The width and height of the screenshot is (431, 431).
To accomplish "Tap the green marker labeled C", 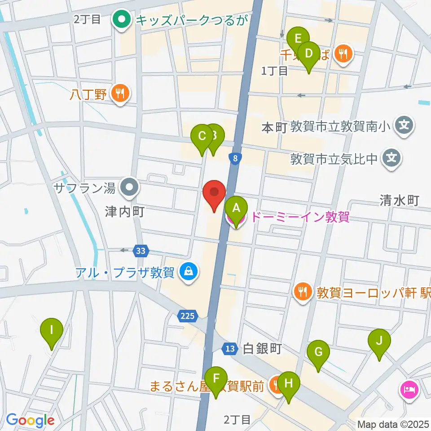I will (202, 136).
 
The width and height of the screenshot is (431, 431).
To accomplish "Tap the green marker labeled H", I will (288, 384).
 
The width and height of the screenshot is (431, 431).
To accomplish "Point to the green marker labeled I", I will (52, 331).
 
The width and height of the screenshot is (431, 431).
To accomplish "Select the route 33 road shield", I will (141, 251).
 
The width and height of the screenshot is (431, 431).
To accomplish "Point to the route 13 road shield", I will (230, 348).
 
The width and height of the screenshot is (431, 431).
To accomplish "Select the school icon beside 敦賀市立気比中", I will (391, 158).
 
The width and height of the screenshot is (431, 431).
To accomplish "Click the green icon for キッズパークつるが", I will (121, 19).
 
